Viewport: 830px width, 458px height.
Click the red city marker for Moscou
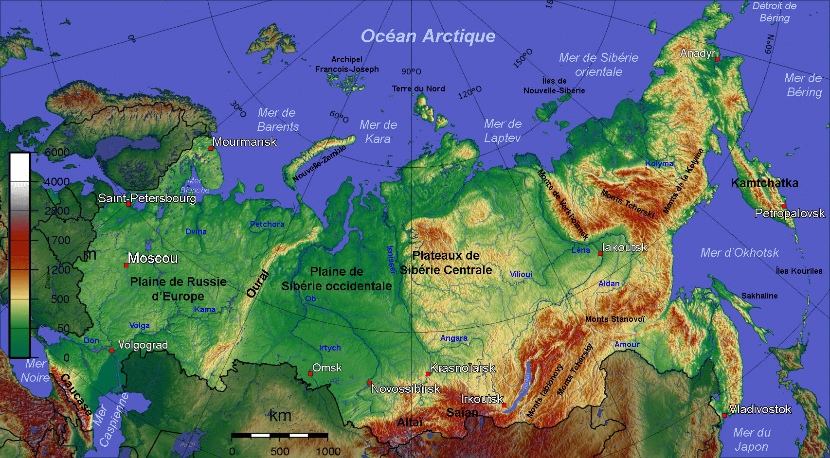coord(126,265)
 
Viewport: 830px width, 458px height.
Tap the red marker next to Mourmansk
coord(211,148)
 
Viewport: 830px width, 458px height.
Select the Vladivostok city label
coord(760,409)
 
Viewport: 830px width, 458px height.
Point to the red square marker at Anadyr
coord(717,59)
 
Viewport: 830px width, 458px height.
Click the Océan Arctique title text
coord(428,36)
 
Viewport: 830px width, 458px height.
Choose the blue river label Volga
coord(140,326)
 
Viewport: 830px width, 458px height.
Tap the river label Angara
coord(453,338)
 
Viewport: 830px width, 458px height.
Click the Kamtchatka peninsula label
coord(764,183)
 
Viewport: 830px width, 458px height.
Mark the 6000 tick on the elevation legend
coord(57,152)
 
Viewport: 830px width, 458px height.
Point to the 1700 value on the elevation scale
coord(58,240)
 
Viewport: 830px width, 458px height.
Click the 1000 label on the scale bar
coord(328,451)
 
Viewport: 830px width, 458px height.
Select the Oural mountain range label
coord(257,283)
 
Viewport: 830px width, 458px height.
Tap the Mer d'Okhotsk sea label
coord(739,253)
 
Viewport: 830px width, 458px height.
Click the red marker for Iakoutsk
coord(600,253)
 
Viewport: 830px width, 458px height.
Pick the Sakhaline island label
coord(759,296)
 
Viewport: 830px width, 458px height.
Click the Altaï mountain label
coord(410,422)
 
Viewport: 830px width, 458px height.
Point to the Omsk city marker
coord(310,373)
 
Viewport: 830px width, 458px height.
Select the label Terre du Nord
coord(418,88)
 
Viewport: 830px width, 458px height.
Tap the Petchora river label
coord(267,224)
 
